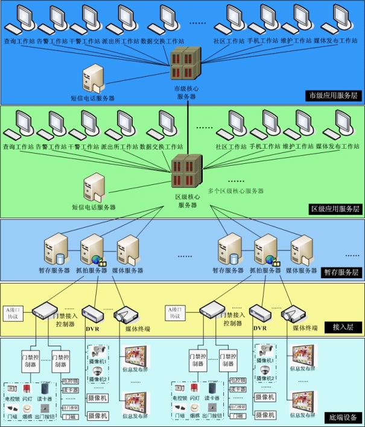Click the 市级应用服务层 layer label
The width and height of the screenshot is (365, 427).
point(333,95)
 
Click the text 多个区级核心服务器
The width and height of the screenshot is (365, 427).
point(236,191)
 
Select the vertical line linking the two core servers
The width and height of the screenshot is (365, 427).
point(188,120)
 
